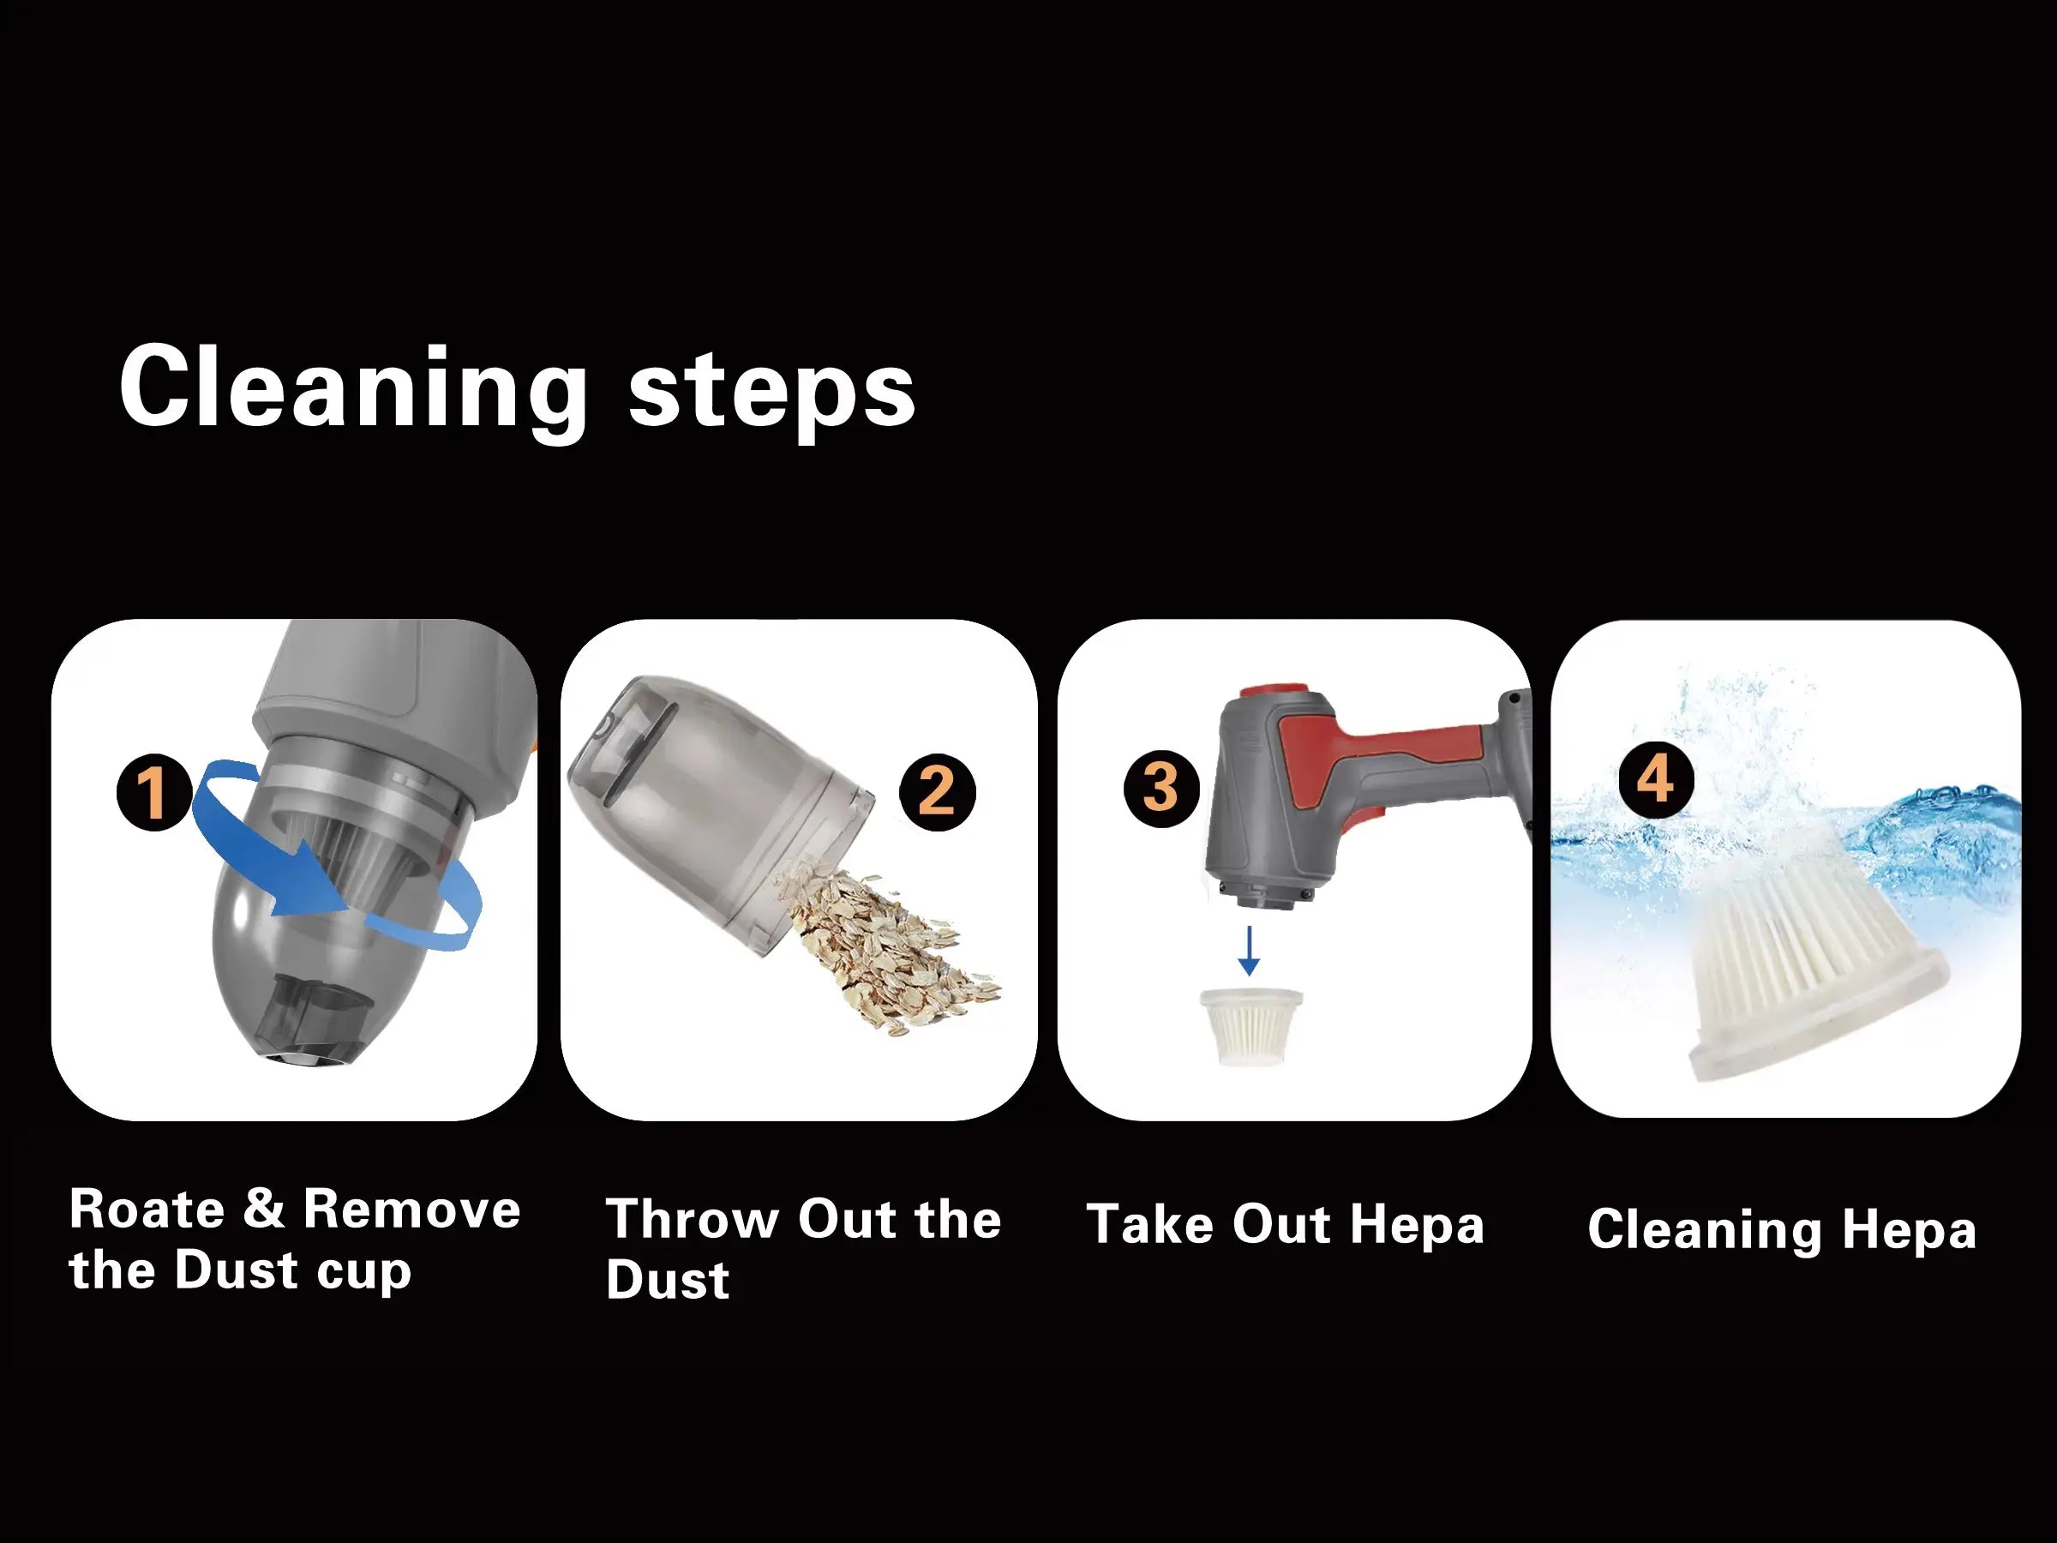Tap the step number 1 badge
(154, 791)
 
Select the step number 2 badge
(938, 791)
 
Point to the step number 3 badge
(1161, 788)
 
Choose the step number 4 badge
(1655, 779)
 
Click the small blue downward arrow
(1249, 950)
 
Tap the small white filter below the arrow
(1250, 1026)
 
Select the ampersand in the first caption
(264, 1209)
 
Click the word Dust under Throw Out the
(668, 1280)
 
